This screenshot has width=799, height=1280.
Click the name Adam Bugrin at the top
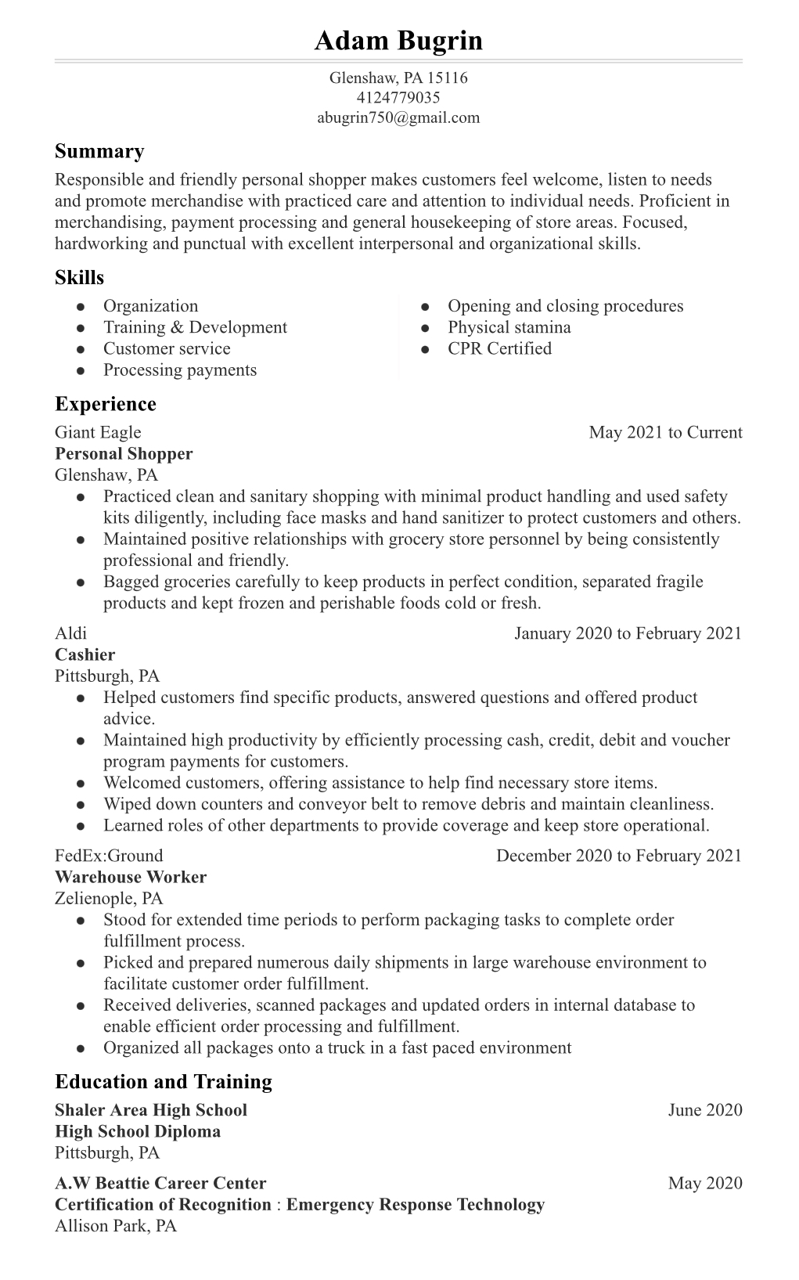pos(398,41)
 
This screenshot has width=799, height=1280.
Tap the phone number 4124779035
pos(398,98)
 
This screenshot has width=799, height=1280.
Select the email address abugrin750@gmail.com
pos(398,118)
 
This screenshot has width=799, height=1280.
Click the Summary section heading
pos(99,151)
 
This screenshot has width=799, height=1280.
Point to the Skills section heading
pos(79,278)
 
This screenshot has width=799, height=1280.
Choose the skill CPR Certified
pos(499,348)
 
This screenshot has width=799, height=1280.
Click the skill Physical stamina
pos(509,327)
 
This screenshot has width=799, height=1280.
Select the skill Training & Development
pos(195,327)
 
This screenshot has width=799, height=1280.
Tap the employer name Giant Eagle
pos(98,432)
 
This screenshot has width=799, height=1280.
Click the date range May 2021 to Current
pos(665,432)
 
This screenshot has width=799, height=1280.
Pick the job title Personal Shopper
pos(124,454)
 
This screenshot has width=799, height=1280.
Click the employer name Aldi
pos(70,633)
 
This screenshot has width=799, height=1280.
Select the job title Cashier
pos(85,655)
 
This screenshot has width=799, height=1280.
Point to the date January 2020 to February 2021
pos(628,633)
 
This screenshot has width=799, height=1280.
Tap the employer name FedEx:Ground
pos(109,856)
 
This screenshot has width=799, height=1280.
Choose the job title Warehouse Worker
pos(131,878)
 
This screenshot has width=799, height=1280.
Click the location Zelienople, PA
pos(109,899)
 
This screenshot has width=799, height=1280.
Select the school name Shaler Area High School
pos(151,1110)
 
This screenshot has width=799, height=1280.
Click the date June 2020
pos(704,1110)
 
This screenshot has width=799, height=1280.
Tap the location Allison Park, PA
pos(116,1226)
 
